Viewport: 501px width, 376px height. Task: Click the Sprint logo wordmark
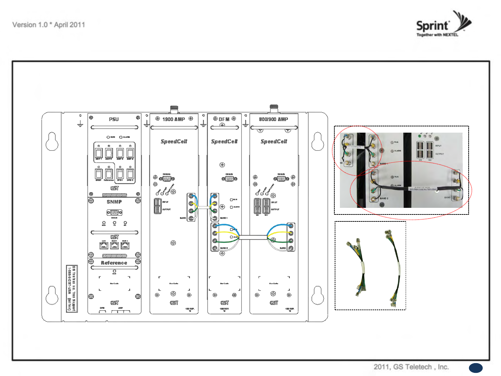432,26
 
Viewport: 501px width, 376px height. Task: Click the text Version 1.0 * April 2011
49,25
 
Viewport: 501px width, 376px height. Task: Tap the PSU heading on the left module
114,119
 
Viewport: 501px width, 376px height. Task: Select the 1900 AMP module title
174,119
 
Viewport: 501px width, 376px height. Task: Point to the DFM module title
224,119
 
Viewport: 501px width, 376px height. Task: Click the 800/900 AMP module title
273,119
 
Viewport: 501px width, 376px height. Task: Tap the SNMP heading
114,202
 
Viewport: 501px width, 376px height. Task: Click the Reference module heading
114,263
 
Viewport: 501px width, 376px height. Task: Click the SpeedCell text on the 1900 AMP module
174,141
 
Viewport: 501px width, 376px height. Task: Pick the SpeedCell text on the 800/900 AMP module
274,141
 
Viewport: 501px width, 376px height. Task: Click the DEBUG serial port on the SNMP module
114,212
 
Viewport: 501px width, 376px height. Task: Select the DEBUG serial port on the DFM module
229,179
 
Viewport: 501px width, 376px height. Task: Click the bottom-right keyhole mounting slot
318,295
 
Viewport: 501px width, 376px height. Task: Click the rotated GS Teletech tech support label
72,289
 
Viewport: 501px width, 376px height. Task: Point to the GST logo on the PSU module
114,188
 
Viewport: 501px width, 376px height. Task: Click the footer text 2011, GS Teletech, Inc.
411,367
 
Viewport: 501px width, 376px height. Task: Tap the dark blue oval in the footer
476,368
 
